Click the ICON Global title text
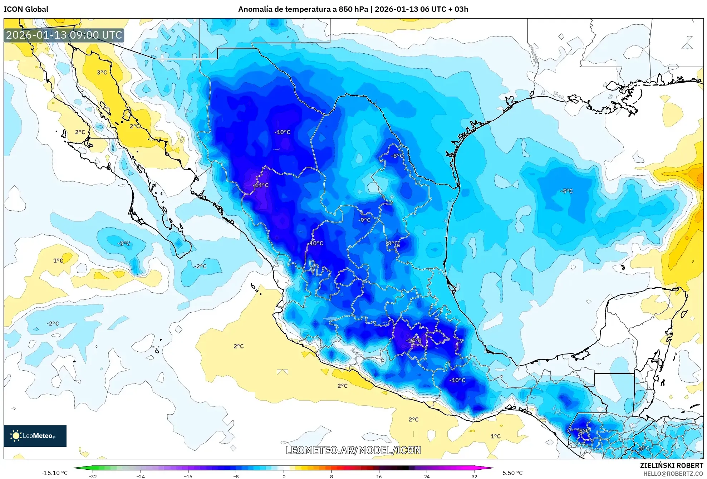(26, 9)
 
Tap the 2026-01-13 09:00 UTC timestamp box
(64, 35)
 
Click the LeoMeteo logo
(35, 436)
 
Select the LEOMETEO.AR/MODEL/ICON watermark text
(353, 450)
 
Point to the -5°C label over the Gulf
(567, 191)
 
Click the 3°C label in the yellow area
(102, 73)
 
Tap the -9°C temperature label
(364, 220)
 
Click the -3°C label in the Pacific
(124, 243)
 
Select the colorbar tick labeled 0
(284, 476)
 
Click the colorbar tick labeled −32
(93, 476)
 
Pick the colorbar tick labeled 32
(474, 476)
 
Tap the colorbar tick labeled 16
(379, 476)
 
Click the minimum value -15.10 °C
(54, 473)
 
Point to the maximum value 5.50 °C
(512, 473)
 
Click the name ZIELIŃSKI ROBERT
(671, 465)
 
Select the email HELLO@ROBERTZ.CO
(673, 474)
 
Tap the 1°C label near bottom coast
(495, 436)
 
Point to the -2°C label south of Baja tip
(201, 266)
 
